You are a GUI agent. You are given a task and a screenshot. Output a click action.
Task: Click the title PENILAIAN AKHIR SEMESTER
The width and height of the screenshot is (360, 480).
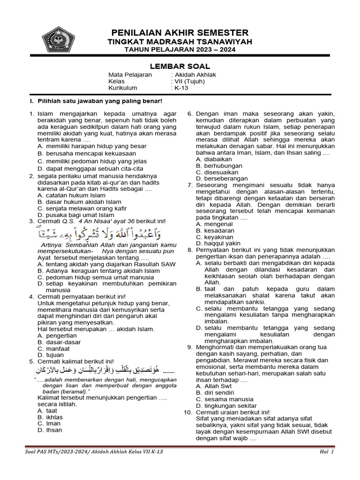point(180,32)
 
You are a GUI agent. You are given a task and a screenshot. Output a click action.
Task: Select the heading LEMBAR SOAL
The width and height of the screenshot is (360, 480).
point(180,67)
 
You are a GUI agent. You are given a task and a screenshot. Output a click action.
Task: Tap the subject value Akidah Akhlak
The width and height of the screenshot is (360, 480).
point(195,75)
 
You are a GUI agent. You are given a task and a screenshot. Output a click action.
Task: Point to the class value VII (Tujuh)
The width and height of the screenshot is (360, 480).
point(189,81)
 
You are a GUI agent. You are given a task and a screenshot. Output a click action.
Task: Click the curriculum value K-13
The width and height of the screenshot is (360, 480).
point(180,88)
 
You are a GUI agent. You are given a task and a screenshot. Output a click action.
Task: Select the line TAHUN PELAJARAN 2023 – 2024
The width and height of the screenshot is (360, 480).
point(180,50)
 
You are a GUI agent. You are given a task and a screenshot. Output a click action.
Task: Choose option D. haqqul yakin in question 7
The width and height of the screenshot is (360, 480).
point(220,243)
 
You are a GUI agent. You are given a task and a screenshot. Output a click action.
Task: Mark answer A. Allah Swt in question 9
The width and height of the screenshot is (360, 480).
point(214,386)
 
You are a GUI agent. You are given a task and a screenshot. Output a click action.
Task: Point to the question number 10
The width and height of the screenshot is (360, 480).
point(187,412)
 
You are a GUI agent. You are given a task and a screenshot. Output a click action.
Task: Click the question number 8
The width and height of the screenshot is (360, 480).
point(190,250)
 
